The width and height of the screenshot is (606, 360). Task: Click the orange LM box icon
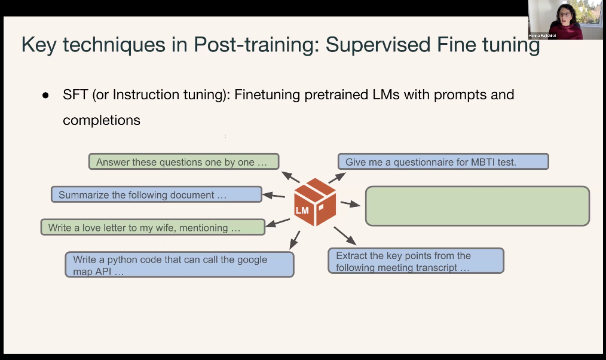pyautogui.click(x=314, y=202)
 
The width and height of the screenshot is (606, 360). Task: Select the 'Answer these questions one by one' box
pyautogui.click(x=183, y=162)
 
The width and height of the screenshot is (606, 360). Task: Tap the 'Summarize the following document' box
pyautogui.click(x=156, y=194)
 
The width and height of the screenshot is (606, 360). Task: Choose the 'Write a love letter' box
pyautogui.click(x=152, y=227)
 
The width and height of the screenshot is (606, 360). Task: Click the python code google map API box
pyautogui.click(x=179, y=265)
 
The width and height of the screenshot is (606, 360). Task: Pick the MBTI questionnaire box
pyautogui.click(x=443, y=161)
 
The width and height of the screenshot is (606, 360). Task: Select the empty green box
pyautogui.click(x=477, y=206)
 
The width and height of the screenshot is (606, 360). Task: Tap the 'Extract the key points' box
pyautogui.click(x=416, y=261)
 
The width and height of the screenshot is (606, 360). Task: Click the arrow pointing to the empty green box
pyautogui.click(x=351, y=205)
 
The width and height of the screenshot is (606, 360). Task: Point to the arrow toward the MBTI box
pyautogui.click(x=336, y=177)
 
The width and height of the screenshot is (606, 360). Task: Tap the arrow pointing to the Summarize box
pyautogui.click(x=274, y=195)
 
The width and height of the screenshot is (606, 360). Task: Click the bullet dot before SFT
pyautogui.click(x=45, y=96)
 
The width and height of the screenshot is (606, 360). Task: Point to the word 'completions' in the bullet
pyautogui.click(x=102, y=120)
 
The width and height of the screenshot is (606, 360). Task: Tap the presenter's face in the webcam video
pyautogui.click(x=564, y=14)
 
